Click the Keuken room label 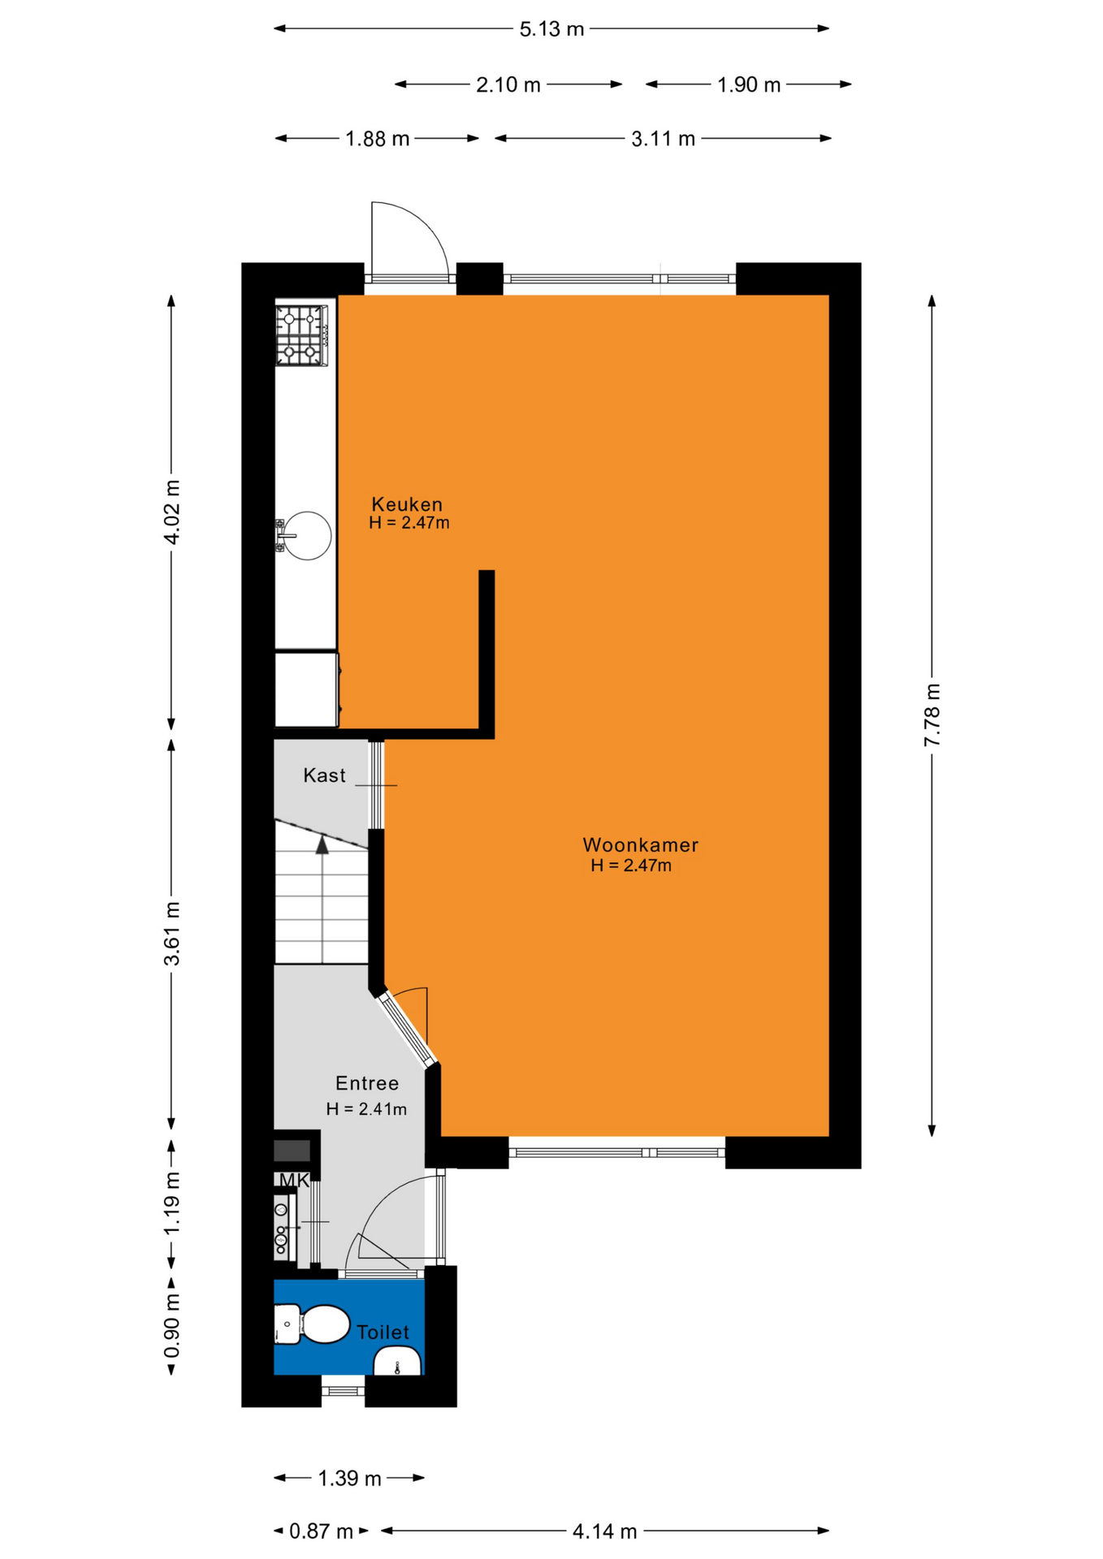407,504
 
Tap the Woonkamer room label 640,845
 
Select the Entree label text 367,1083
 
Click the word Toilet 383,1332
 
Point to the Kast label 324,775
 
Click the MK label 294,1181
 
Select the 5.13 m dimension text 551,29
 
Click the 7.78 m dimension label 932,715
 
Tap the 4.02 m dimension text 171,512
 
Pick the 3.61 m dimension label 171,933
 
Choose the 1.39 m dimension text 349,1479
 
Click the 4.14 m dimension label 604,1531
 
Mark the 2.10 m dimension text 508,84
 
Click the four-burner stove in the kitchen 301,335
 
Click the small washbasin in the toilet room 397,1360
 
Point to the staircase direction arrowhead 322,844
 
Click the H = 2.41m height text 366,1109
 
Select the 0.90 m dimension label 171,1325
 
